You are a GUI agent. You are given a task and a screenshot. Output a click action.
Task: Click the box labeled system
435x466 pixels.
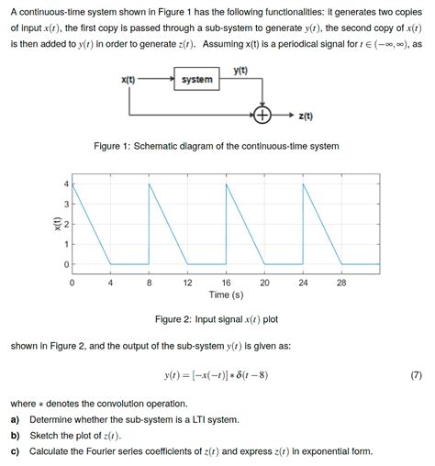pyautogui.click(x=196, y=80)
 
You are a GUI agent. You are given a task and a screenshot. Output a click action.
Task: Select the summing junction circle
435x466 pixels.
pyautogui.click(x=263, y=116)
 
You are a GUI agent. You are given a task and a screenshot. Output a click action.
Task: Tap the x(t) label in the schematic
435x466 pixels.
pyautogui.click(x=128, y=80)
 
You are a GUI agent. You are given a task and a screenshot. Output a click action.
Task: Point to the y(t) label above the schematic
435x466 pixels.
pyautogui.click(x=240, y=71)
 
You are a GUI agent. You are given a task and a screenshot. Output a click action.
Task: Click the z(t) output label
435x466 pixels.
pyautogui.click(x=306, y=116)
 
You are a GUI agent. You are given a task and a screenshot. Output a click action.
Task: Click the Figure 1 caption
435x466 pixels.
pyautogui.click(x=217, y=147)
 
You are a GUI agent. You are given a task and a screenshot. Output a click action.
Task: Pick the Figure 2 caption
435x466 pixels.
pyautogui.click(x=217, y=319)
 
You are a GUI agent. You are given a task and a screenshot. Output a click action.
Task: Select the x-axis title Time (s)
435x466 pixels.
pyautogui.click(x=226, y=295)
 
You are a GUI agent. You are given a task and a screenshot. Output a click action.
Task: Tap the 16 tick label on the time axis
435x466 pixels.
pyautogui.click(x=226, y=283)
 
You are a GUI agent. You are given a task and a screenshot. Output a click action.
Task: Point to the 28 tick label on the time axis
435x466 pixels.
pyautogui.click(x=341, y=283)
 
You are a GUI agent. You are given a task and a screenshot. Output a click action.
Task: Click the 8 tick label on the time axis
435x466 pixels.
pyautogui.click(x=149, y=283)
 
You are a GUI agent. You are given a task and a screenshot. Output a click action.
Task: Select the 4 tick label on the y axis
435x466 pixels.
pyautogui.click(x=64, y=184)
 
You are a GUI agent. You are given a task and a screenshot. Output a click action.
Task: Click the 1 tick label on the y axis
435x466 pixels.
pyautogui.click(x=64, y=244)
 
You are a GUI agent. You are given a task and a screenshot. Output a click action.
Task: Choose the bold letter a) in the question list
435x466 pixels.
pyautogui.click(x=16, y=419)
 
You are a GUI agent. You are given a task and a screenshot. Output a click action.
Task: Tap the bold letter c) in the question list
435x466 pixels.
pyautogui.click(x=16, y=451)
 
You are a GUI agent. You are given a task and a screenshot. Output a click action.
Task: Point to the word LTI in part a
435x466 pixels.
pyautogui.click(x=196, y=419)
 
